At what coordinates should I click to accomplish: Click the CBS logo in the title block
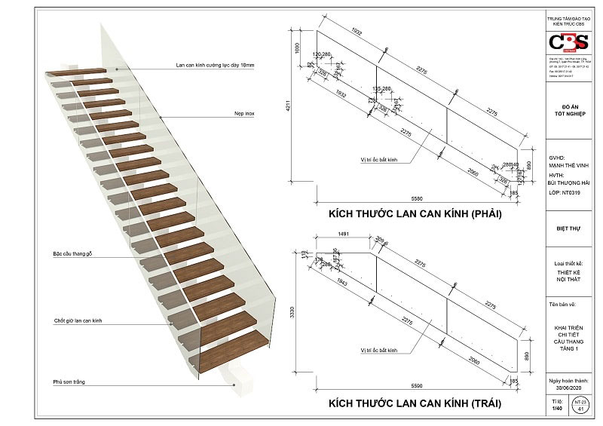(571, 41)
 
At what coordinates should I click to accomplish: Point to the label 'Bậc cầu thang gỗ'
(75, 253)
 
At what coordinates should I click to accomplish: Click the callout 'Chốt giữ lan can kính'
(78, 321)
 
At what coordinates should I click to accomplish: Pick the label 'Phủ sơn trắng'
(69, 382)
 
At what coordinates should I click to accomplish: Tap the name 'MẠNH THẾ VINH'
(568, 166)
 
